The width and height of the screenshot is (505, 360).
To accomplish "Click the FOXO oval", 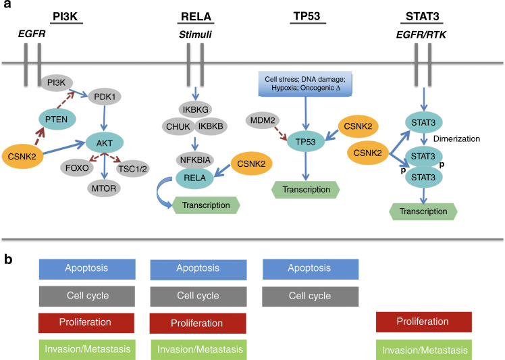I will pyautogui.click(x=72, y=165).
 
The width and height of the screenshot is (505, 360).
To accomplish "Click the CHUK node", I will pyautogui.click(x=176, y=126).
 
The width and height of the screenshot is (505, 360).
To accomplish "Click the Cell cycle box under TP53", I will pyautogui.click(x=310, y=295).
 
